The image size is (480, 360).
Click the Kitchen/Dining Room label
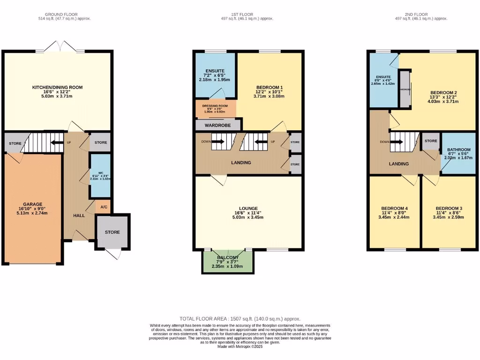pos(57,87)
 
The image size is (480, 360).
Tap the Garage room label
pos(33,204)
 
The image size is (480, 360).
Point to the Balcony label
pos(228,258)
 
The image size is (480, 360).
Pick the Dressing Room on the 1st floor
pos(216,106)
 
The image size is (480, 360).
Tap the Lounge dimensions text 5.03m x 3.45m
pos(248,217)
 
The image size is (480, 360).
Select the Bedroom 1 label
pos(269,87)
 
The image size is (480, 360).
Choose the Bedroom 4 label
pos(394,208)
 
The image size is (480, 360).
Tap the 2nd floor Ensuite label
pos(382,76)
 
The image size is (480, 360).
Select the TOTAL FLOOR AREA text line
pos(240,318)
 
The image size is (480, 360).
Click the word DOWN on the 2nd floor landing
pos(385,142)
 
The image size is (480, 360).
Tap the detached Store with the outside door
pos(112,232)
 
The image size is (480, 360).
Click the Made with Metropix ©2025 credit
pos(240,346)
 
